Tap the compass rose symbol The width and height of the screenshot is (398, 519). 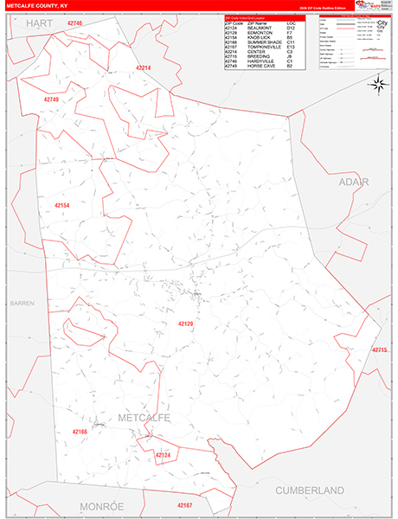coord(378,83)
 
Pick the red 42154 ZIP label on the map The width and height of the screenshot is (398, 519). coord(61,205)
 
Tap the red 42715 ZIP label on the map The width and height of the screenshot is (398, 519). coord(382,349)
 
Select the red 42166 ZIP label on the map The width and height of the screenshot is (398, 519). coord(80,431)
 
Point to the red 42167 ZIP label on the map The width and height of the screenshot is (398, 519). coord(186,504)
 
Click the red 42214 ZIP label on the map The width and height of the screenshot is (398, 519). coord(144,67)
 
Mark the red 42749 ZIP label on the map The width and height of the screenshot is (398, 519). coord(51,99)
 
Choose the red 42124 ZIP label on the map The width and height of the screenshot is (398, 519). coord(164,454)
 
